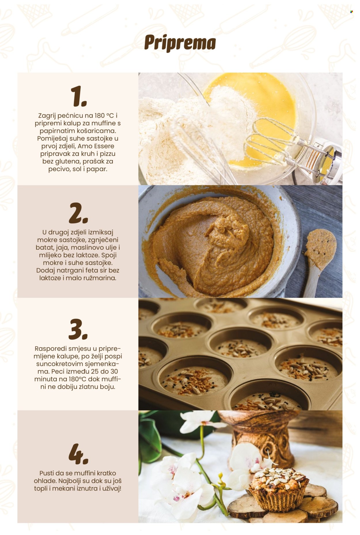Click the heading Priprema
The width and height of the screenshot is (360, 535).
[x=180, y=43]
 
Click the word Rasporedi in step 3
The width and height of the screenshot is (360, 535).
[x=49, y=348]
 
